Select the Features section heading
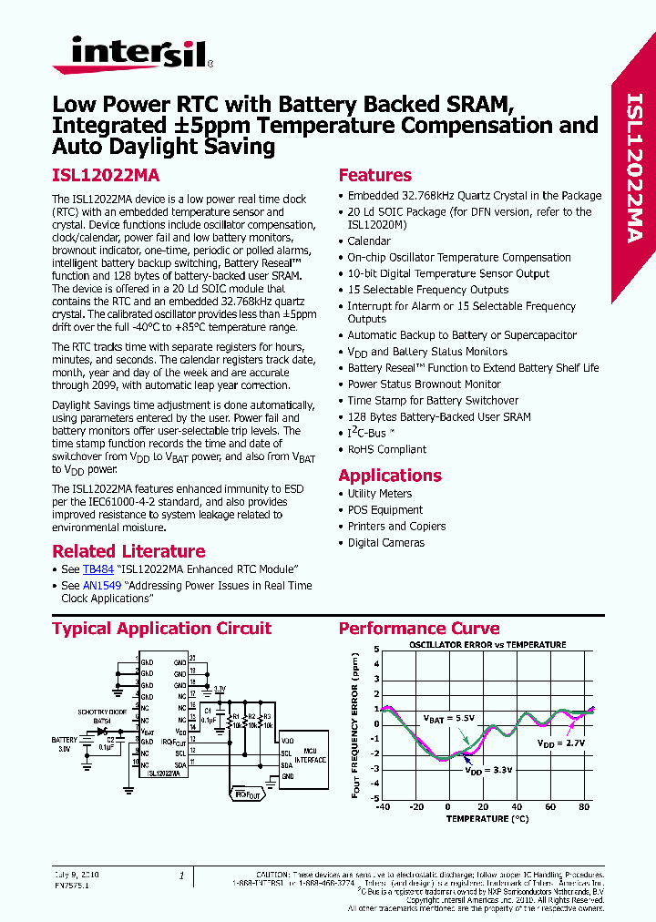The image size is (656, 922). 374,176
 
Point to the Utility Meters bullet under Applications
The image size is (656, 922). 380,494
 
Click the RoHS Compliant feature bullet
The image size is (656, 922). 386,449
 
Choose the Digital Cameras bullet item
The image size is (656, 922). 385,543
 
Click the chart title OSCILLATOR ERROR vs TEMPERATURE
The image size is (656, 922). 487,645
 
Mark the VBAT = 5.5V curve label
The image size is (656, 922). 446,718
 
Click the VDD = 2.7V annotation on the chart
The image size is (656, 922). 558,744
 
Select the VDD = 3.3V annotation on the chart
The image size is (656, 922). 489,770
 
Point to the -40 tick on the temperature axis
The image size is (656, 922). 383,807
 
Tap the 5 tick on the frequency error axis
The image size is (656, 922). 376,650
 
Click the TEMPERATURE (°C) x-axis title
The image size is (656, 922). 487,818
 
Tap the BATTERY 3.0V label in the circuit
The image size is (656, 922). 65,744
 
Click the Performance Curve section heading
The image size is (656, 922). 419,629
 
